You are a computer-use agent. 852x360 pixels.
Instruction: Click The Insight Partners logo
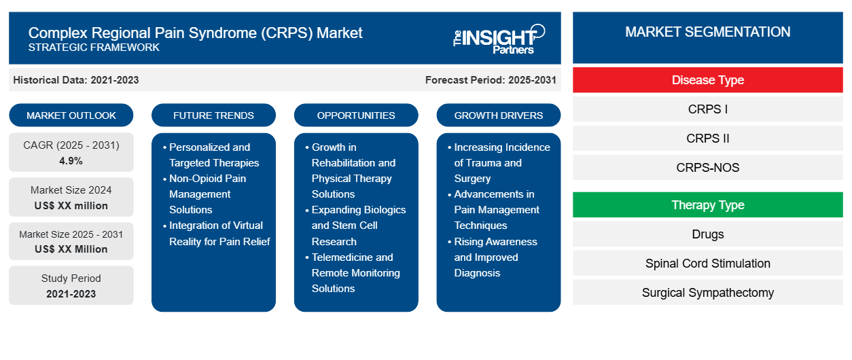[499, 39]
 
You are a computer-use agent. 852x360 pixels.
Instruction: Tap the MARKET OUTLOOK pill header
[71, 115]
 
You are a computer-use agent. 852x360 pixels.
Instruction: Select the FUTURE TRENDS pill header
[213, 115]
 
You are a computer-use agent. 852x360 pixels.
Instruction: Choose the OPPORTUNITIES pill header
[356, 115]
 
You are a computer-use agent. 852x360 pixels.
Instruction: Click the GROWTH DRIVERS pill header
[499, 115]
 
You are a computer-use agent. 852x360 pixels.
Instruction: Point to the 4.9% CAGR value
[71, 161]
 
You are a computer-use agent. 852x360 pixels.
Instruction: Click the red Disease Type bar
[708, 80]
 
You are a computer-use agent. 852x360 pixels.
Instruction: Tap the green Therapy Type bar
[708, 205]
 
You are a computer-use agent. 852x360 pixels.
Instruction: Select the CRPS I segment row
[708, 109]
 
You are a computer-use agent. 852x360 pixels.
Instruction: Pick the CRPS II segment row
[708, 139]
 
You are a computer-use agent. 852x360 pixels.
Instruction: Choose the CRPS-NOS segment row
[708, 167]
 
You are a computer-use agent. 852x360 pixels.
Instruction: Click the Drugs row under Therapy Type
[708, 234]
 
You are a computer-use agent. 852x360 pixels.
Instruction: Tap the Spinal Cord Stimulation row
[708, 263]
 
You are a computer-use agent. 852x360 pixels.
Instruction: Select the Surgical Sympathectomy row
[708, 292]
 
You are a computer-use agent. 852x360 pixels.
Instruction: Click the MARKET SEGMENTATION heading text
[708, 32]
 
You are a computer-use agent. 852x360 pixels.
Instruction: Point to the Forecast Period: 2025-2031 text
[491, 80]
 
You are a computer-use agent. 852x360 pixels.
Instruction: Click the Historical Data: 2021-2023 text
[76, 80]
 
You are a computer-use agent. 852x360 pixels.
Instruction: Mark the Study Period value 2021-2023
[71, 294]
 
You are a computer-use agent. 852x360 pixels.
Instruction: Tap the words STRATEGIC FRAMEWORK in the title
[94, 48]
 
